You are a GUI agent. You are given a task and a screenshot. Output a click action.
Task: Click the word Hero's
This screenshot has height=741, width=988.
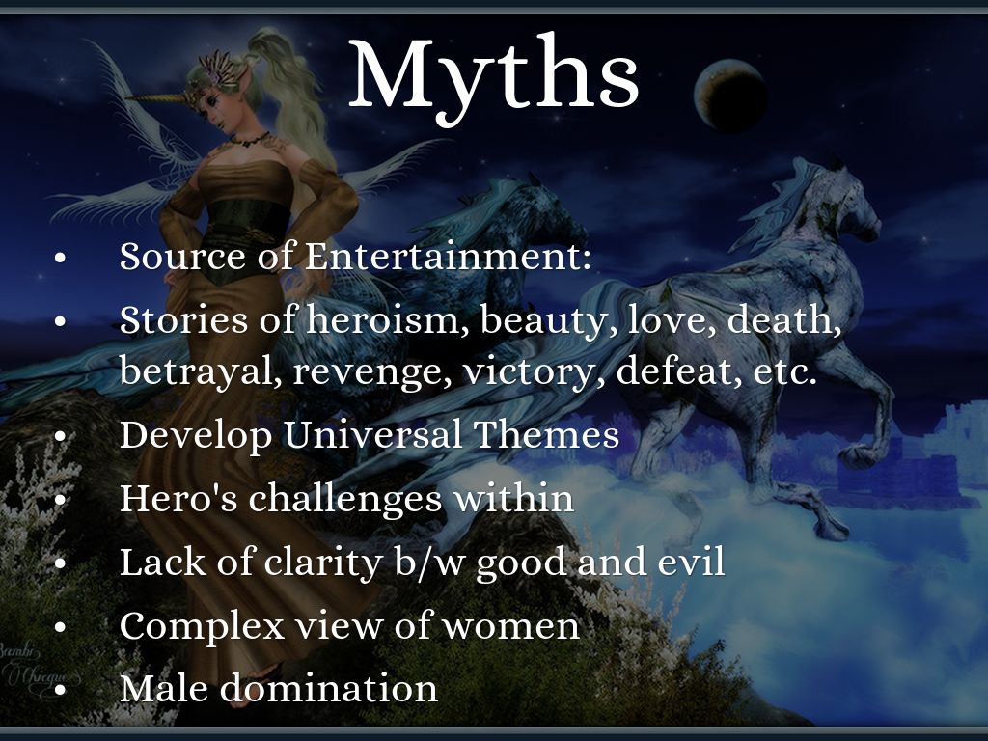[x=178, y=498]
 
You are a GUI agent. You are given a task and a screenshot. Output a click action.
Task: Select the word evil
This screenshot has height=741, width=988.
[x=691, y=561]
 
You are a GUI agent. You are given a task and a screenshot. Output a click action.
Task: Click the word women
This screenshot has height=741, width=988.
[x=510, y=626]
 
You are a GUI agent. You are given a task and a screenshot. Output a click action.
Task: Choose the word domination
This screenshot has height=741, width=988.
[x=328, y=687]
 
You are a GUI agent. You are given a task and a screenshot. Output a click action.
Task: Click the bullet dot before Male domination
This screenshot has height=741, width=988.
[x=60, y=690]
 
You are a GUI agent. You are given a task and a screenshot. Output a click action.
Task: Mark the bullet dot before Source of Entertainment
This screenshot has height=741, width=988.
[x=60, y=259]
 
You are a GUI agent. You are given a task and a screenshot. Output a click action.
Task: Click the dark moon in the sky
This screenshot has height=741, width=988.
[x=730, y=96]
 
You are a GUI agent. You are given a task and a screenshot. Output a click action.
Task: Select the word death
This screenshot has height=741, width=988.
[x=783, y=318]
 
